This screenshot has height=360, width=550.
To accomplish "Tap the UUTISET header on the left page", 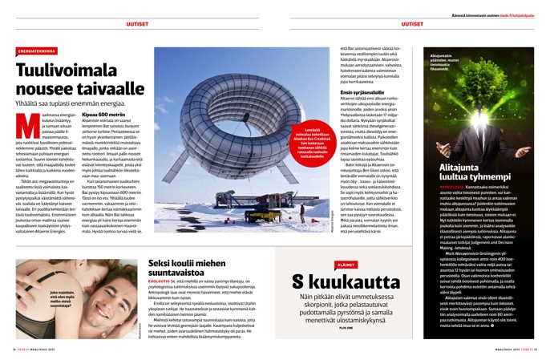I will point(137,23).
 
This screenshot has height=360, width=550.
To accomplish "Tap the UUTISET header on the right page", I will point(412,23).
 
